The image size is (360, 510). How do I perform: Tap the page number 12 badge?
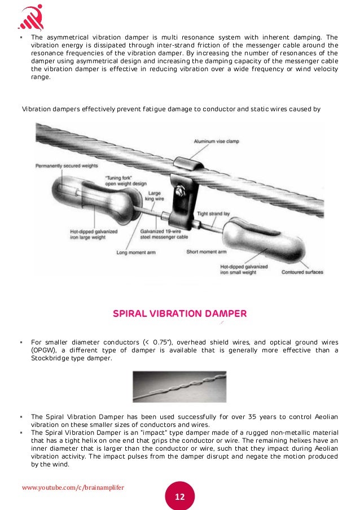179,496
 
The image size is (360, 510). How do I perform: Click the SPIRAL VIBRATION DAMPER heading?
180,313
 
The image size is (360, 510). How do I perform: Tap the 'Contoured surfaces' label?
303,272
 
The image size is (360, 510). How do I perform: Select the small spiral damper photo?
179,386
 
